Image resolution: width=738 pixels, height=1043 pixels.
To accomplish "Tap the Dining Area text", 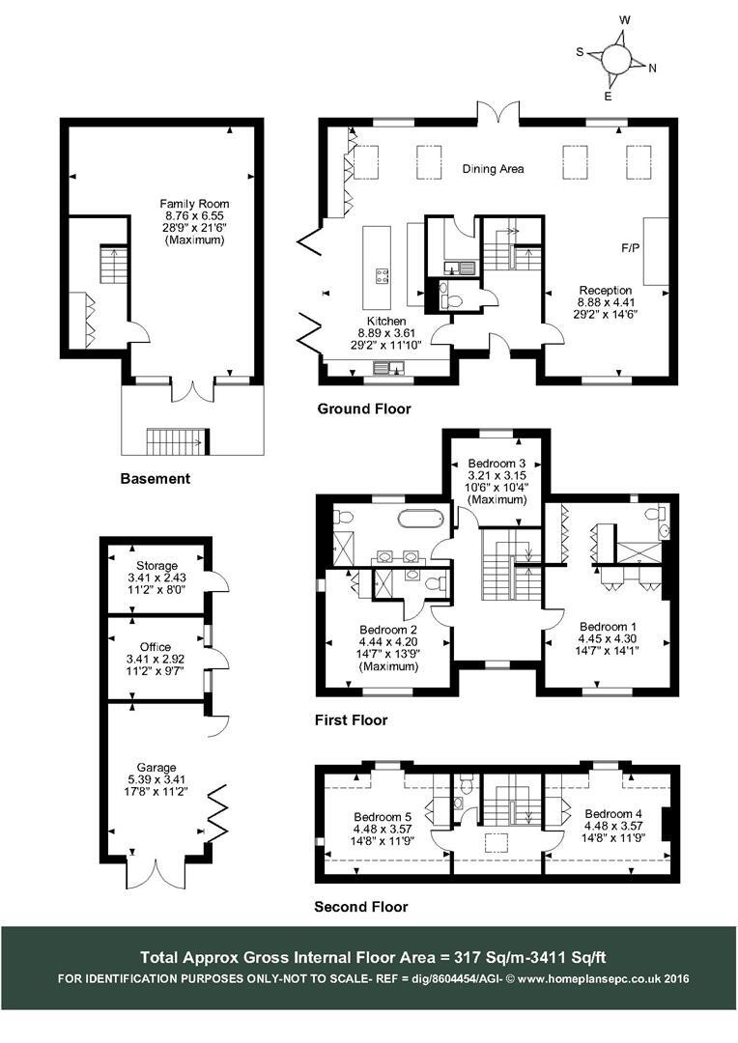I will [x=493, y=169].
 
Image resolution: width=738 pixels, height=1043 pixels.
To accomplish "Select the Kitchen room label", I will [x=385, y=321].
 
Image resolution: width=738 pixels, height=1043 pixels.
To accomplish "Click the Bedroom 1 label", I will [x=608, y=626].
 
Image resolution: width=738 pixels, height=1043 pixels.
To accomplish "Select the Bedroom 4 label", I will [x=613, y=812].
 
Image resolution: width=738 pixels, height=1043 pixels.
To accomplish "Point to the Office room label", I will [x=156, y=647].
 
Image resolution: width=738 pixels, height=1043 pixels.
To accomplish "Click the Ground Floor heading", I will [x=364, y=409].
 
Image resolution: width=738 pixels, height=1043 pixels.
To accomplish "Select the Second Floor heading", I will [x=361, y=907].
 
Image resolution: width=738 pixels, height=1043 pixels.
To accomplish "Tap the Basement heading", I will [x=156, y=478].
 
